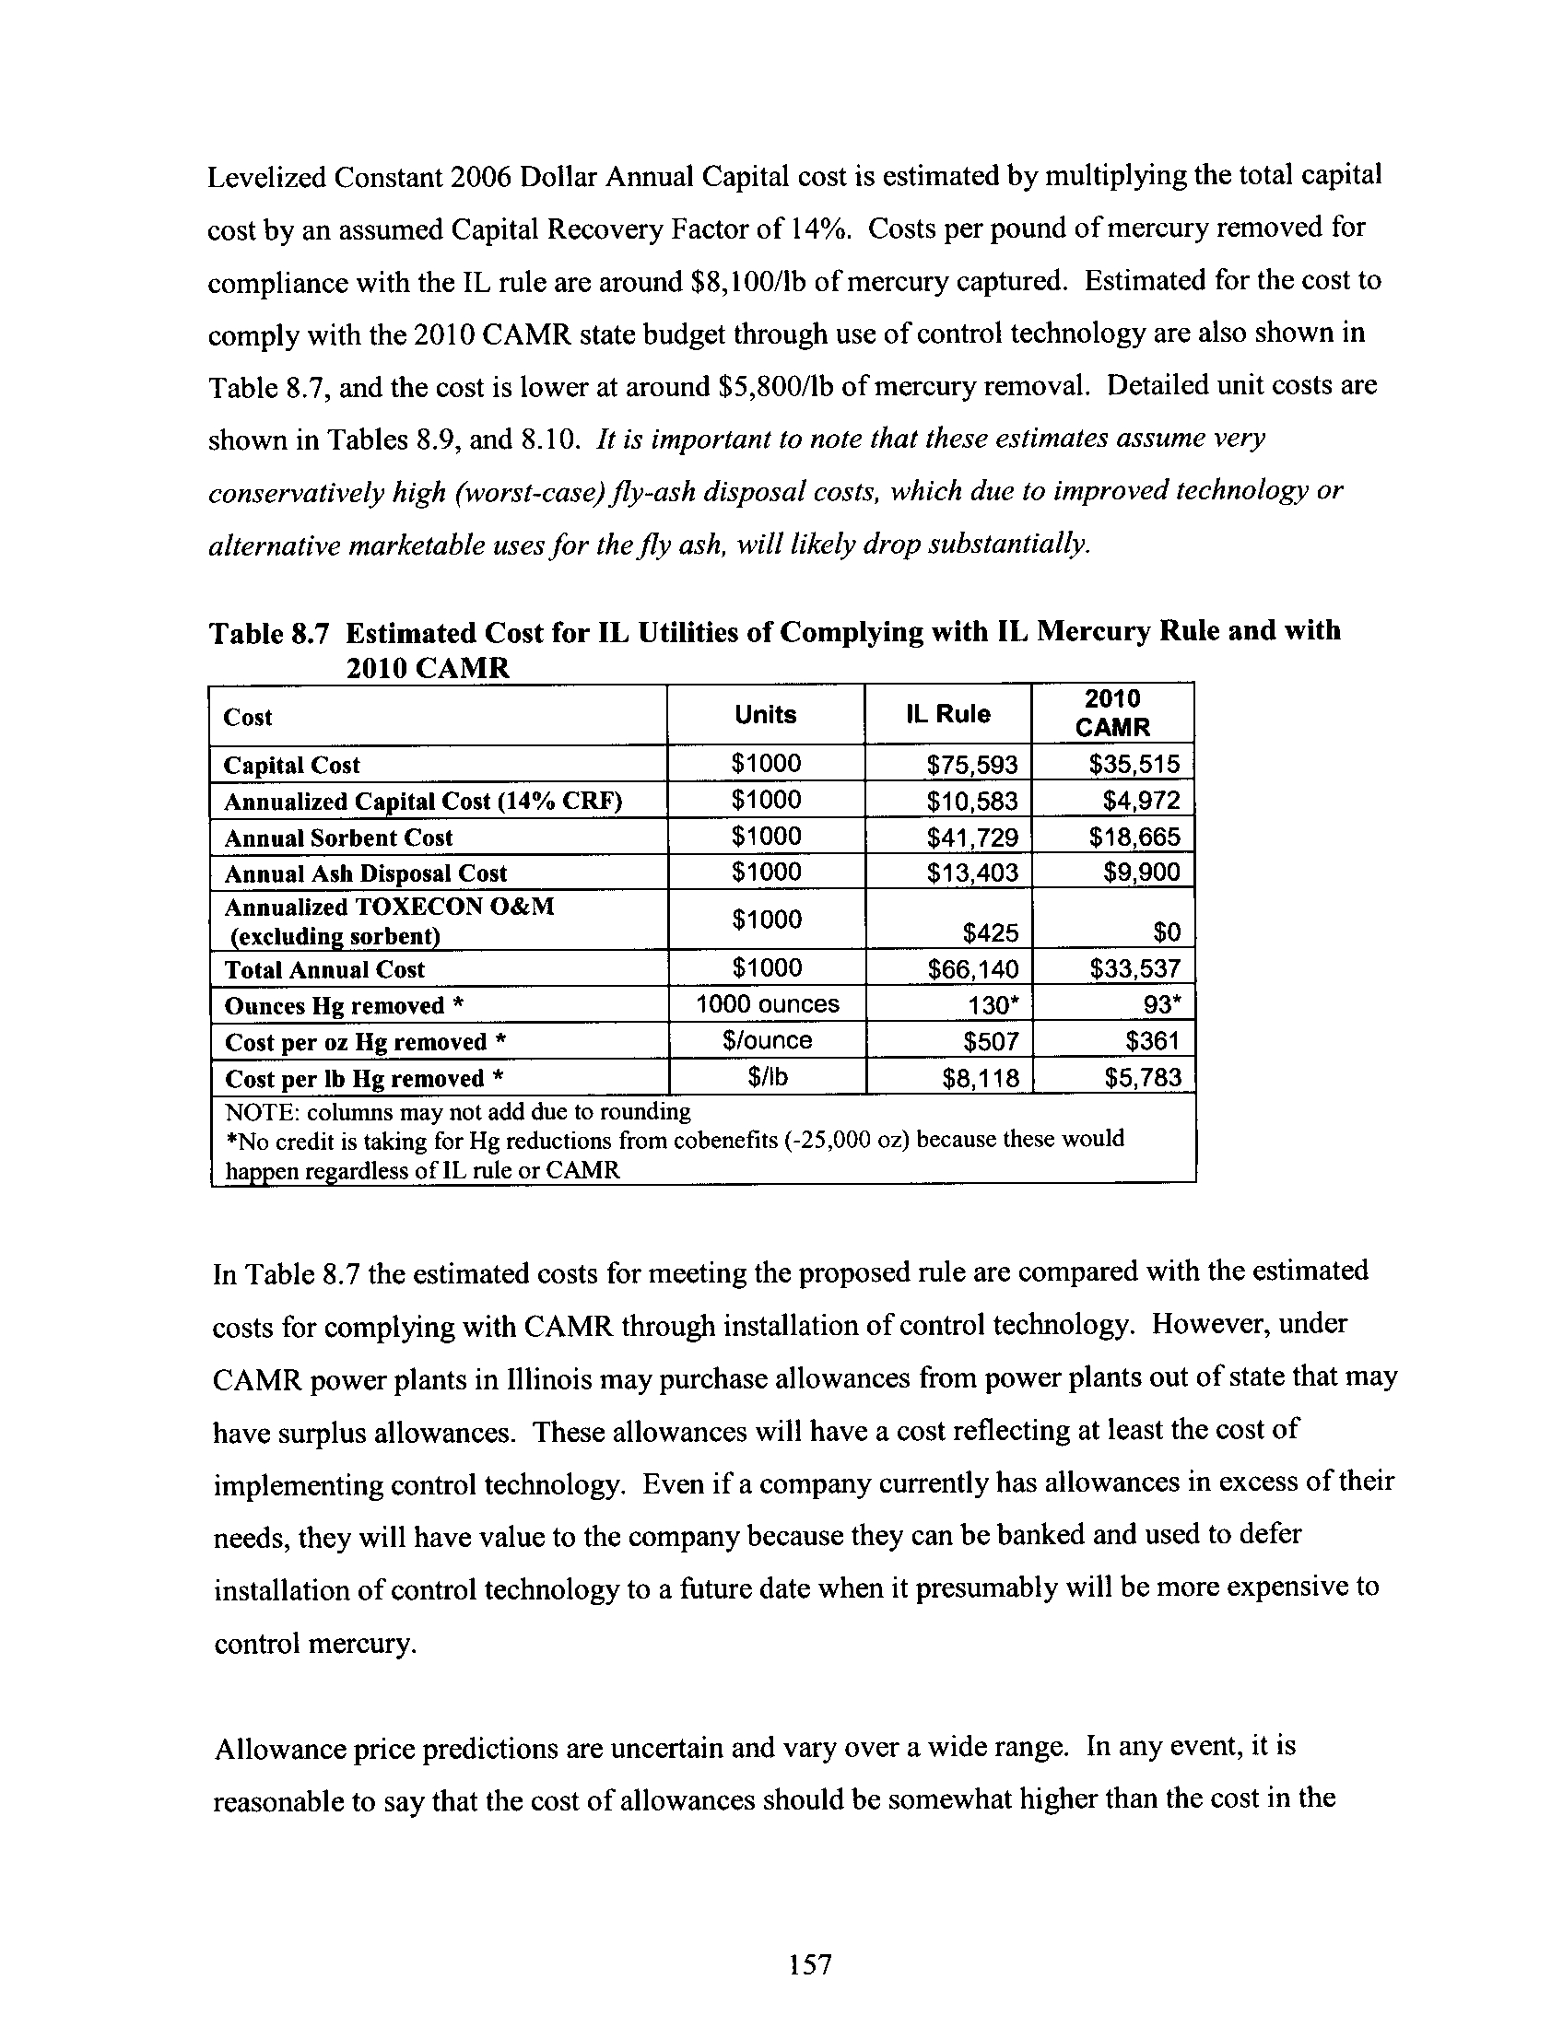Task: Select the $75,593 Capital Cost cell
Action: click(971, 765)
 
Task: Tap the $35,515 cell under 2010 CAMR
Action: click(1134, 764)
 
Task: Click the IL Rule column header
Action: click(947, 714)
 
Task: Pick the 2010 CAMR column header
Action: click(1112, 713)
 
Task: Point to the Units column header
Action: click(765, 714)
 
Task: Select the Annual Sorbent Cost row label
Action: click(338, 838)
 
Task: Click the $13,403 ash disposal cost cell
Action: click(971, 873)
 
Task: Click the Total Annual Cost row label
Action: click(323, 970)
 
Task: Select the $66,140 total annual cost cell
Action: click(972, 970)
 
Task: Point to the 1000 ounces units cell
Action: click(767, 1004)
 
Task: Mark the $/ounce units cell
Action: click(767, 1040)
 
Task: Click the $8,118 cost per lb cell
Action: click(981, 1078)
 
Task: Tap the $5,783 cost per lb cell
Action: click(1143, 1078)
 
